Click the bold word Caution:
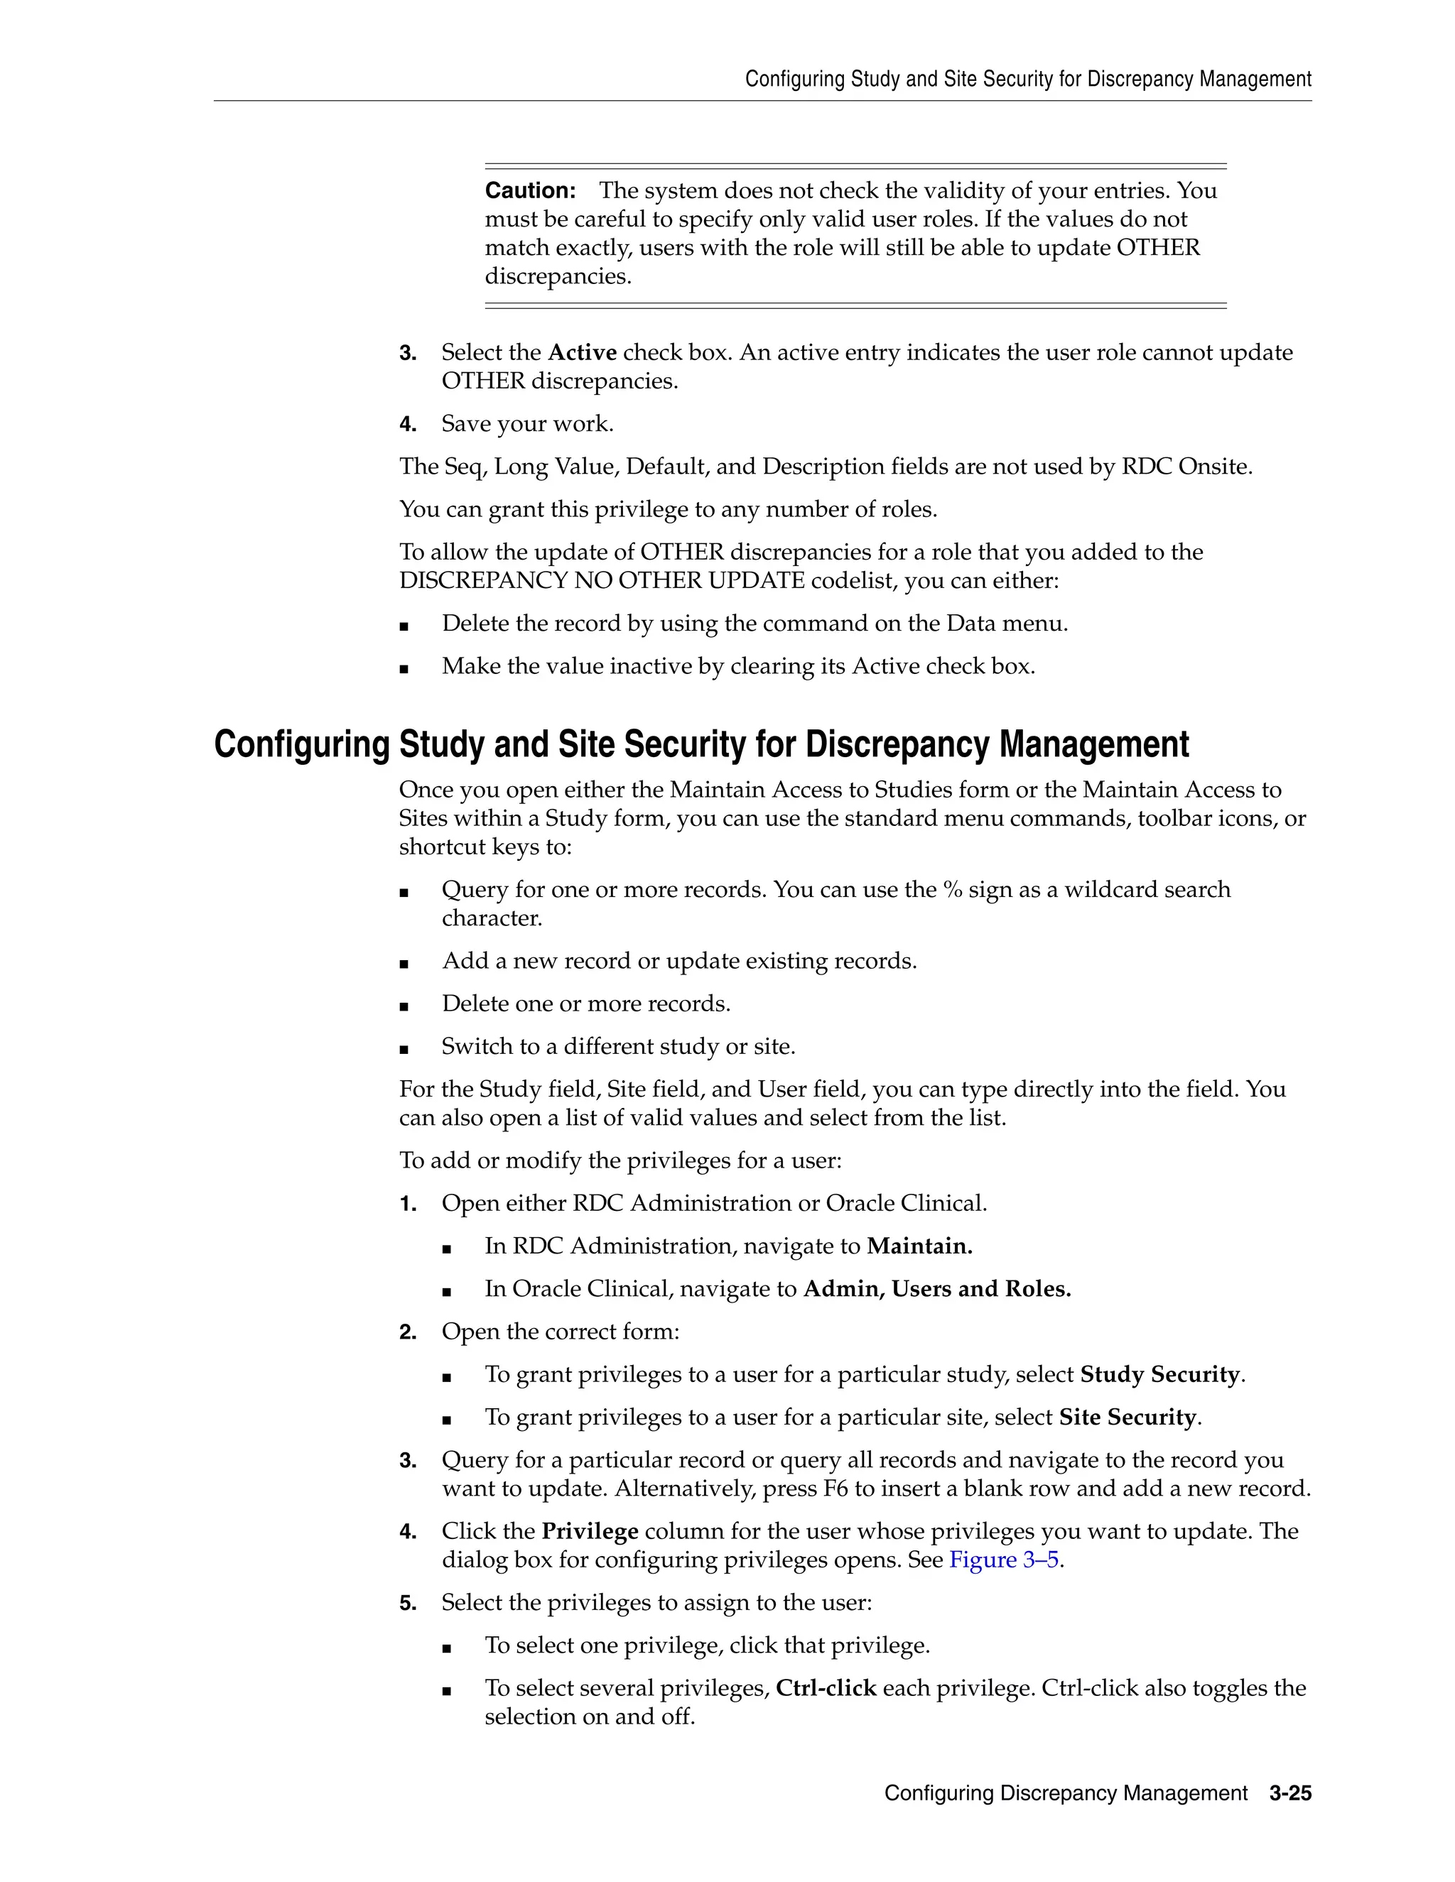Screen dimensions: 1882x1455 click(x=530, y=190)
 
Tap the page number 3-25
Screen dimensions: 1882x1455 click(x=1289, y=1793)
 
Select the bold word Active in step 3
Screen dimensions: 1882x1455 click(x=582, y=352)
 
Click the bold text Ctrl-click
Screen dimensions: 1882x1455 click(x=826, y=1688)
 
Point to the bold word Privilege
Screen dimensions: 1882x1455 click(x=590, y=1531)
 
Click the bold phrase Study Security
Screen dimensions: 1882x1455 click(x=1159, y=1374)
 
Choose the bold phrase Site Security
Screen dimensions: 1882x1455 click(x=1127, y=1418)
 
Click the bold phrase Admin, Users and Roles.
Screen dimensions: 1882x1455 click(x=937, y=1289)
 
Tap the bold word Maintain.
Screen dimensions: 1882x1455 click(x=919, y=1246)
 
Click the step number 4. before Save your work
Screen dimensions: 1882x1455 click(x=408, y=425)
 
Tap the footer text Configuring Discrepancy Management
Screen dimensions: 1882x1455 click(x=1066, y=1793)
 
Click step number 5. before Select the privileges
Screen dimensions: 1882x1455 click(x=408, y=1604)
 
